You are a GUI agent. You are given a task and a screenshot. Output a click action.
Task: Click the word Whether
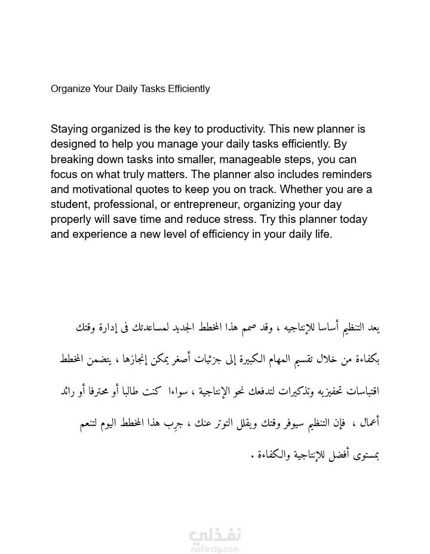pos(302,190)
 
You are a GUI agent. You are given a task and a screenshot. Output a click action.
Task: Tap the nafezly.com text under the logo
pos(214,546)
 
